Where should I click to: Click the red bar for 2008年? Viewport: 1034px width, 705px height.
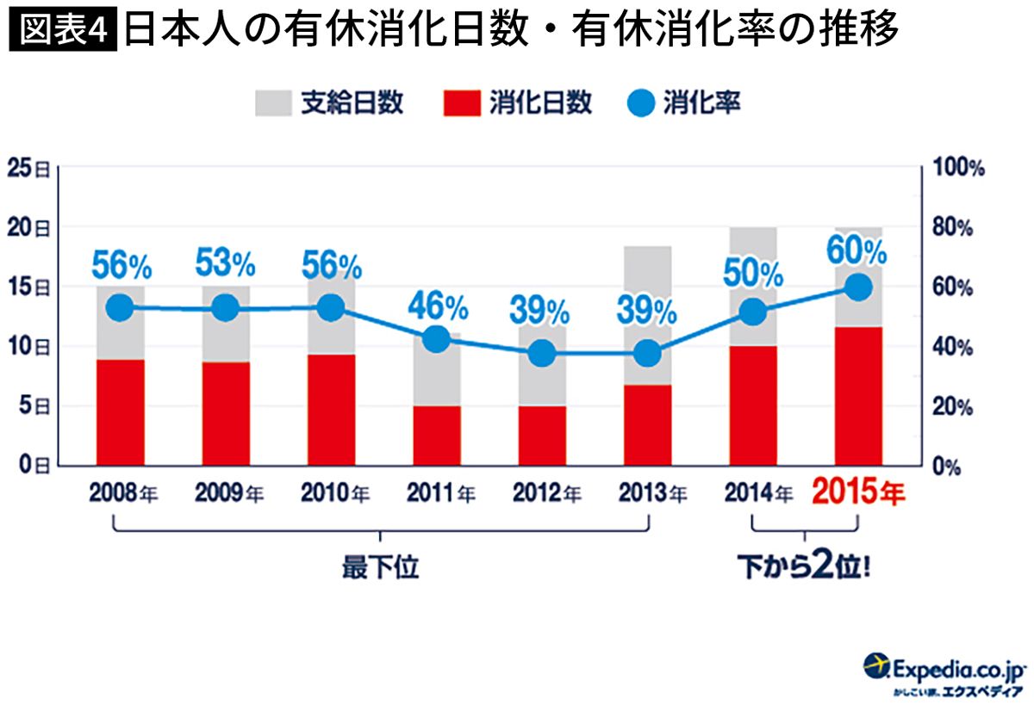click(x=121, y=412)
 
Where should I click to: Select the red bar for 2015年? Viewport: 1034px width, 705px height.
click(x=858, y=397)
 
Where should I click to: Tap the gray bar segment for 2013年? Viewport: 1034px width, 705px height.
click(x=648, y=315)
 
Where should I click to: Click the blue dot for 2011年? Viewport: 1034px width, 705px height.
click(x=437, y=339)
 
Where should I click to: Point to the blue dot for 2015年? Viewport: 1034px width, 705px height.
click(x=858, y=288)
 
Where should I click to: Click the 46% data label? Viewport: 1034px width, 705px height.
click(x=438, y=306)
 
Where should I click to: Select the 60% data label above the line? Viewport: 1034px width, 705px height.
click(x=856, y=250)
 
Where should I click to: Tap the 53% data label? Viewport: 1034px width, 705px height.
click(x=225, y=263)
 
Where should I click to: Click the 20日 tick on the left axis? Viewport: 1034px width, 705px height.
click(x=28, y=228)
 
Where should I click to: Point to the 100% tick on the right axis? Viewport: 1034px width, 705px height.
click(x=959, y=167)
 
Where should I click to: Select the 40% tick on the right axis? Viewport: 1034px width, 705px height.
click(x=952, y=347)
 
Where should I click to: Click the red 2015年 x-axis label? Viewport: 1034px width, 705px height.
click(x=858, y=492)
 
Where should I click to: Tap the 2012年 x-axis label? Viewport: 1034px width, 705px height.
click(x=547, y=492)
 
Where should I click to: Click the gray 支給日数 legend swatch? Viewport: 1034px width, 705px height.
click(x=274, y=102)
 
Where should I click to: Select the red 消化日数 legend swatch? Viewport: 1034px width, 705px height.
click(x=462, y=102)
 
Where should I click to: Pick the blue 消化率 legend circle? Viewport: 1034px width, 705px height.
click(x=641, y=102)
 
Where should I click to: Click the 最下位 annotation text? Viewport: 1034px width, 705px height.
click(x=380, y=567)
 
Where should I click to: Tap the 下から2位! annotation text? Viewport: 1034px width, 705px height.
click(x=804, y=566)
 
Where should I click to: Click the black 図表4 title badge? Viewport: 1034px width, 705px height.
click(x=63, y=29)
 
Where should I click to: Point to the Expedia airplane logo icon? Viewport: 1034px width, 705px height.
click(x=875, y=665)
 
